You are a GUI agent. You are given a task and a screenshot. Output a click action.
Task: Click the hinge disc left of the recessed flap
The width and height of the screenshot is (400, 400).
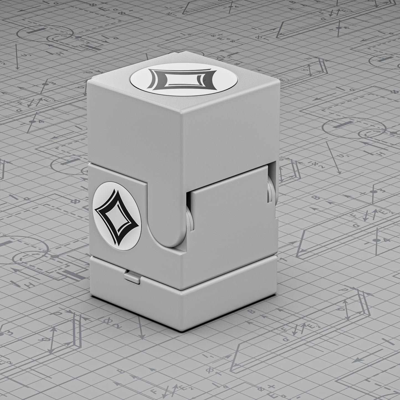click(x=189, y=219)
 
